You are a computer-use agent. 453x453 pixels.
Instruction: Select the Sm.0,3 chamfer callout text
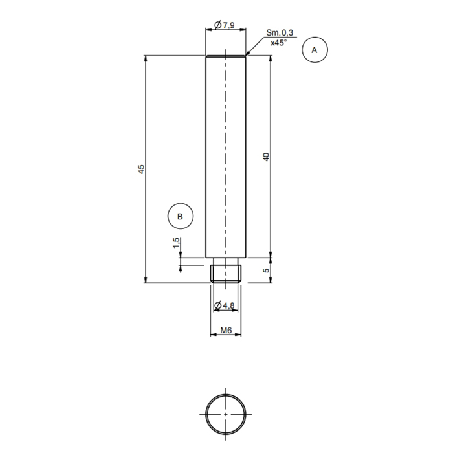pyautogui.click(x=279, y=32)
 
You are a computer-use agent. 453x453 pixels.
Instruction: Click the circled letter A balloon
pyautogui.click(x=315, y=50)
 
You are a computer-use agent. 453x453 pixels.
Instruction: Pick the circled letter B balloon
pyautogui.click(x=180, y=216)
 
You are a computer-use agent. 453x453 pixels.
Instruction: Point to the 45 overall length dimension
pyautogui.click(x=140, y=169)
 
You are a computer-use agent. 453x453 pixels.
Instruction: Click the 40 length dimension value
pyautogui.click(x=265, y=157)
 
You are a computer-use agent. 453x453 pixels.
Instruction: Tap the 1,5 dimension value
pyautogui.click(x=175, y=243)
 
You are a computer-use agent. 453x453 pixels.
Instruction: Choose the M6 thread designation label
pyautogui.click(x=226, y=330)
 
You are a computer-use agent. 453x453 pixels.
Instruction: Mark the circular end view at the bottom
pyautogui.click(x=226, y=413)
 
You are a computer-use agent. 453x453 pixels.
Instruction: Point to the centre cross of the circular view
pyautogui.click(x=226, y=413)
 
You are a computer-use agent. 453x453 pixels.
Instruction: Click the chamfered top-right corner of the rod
pyautogui.click(x=246, y=57)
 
